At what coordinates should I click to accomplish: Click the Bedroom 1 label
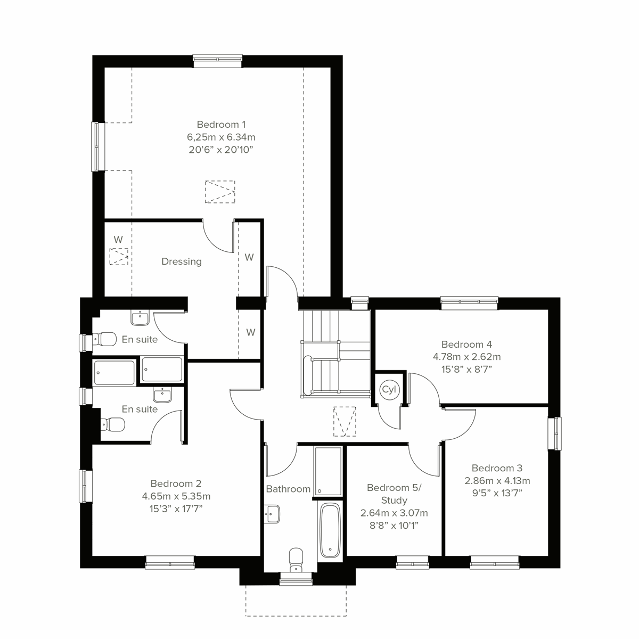[x=221, y=125]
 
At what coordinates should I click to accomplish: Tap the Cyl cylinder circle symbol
[x=389, y=390]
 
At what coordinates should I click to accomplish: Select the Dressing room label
[x=182, y=261]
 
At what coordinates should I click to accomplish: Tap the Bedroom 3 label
[x=497, y=468]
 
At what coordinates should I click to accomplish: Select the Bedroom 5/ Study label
[x=394, y=494]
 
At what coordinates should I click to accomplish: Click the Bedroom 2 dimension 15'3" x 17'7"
[x=176, y=509]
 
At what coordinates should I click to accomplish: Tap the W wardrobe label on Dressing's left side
[x=118, y=240]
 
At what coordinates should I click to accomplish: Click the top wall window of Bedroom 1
[x=218, y=61]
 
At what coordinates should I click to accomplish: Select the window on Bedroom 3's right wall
[x=554, y=433]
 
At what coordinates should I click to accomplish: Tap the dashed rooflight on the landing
[x=344, y=422]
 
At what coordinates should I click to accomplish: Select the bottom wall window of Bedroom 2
[x=170, y=563]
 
